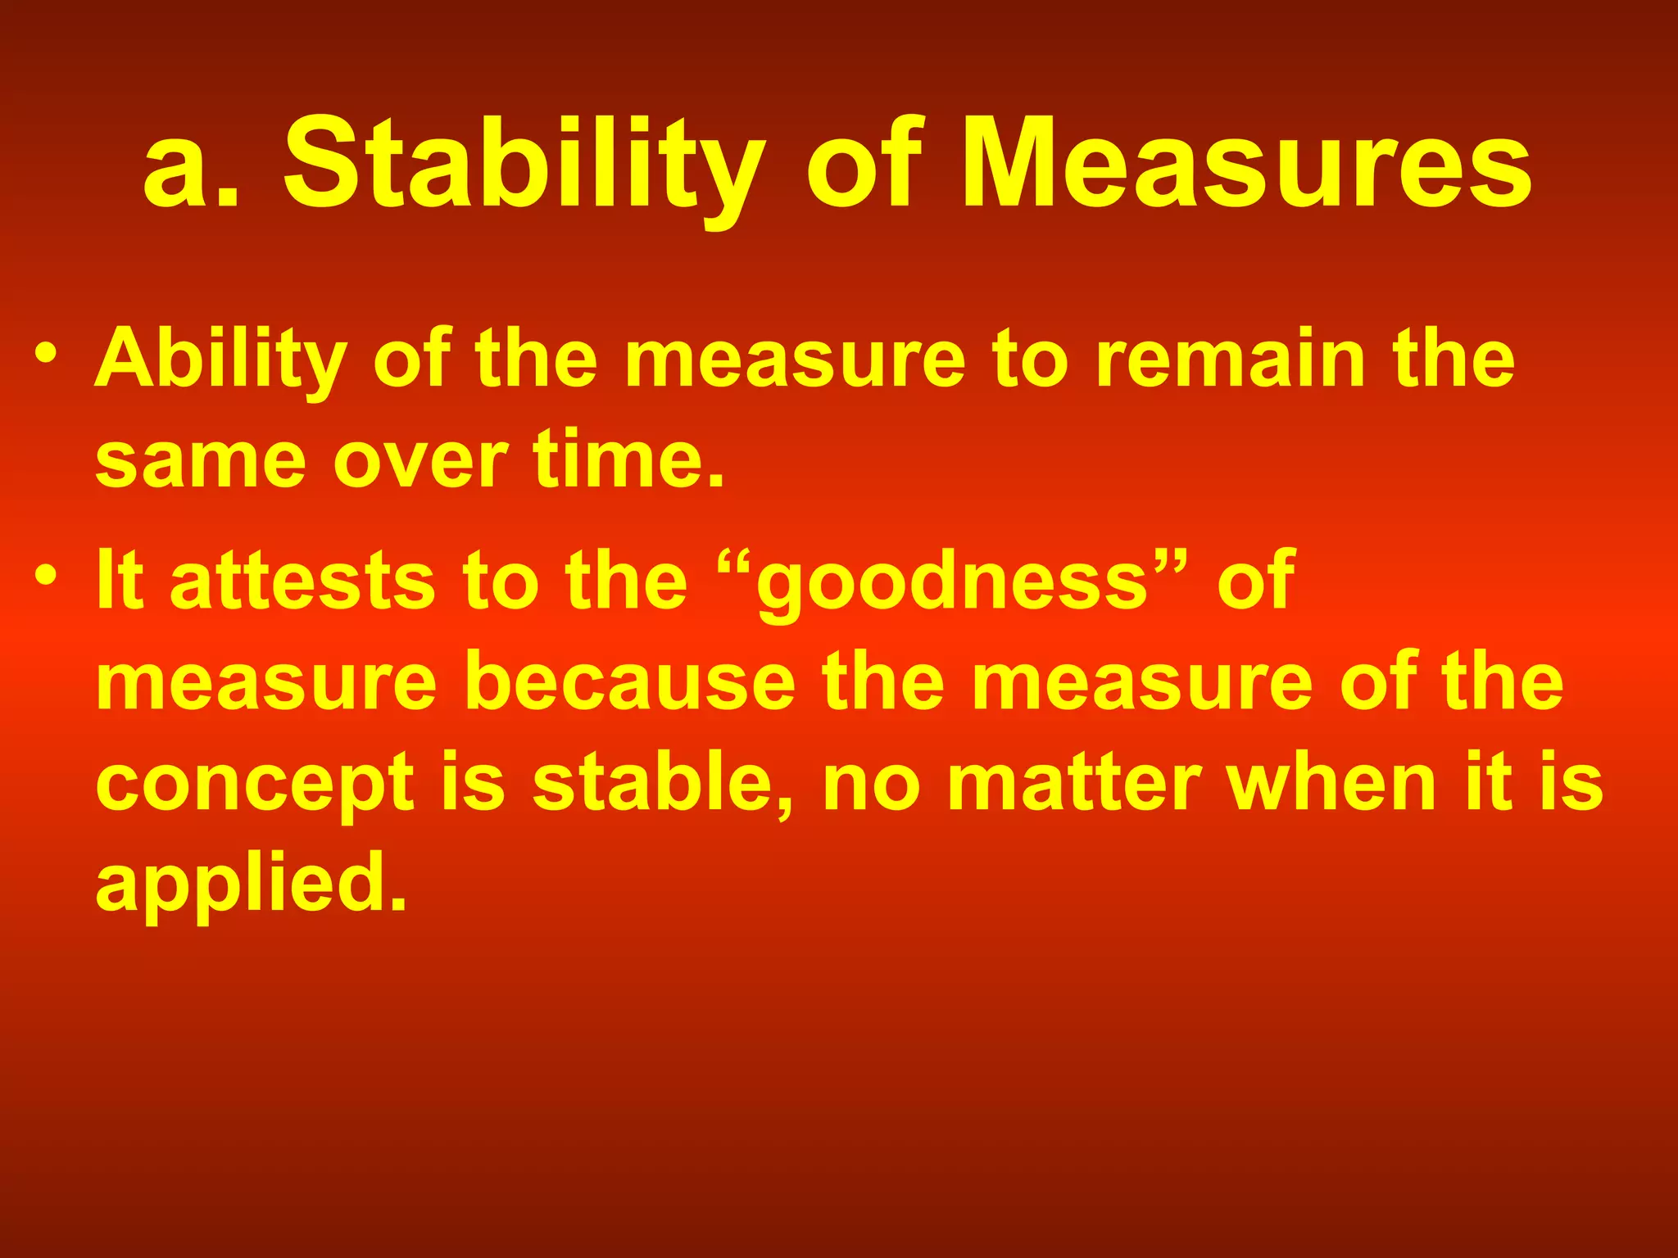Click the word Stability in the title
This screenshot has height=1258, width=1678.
pos(524,164)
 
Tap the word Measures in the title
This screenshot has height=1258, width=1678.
pos(1245,164)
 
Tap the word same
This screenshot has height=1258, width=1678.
pos(201,461)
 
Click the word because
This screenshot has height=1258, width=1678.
pos(630,681)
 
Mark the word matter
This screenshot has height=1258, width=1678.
pos(1074,782)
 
